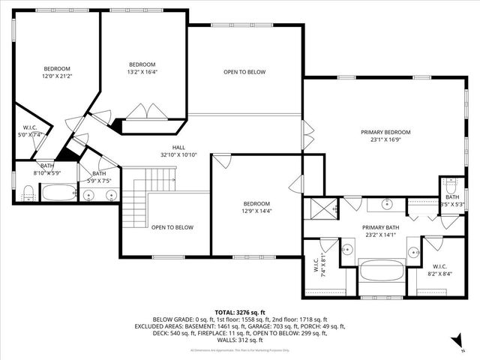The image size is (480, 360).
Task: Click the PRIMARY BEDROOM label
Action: pyautogui.click(x=379, y=132)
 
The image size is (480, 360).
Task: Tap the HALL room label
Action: pyautogui.click(x=178, y=148)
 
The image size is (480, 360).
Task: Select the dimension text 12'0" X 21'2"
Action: pyautogui.click(x=56, y=76)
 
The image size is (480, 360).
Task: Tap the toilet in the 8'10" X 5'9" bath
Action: pyautogui.click(x=28, y=191)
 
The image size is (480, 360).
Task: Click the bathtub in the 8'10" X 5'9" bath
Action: pyautogui.click(x=57, y=192)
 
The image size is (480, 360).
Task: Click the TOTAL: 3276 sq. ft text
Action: pyautogui.click(x=240, y=312)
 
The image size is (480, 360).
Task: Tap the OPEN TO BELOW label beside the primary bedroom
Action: pyautogui.click(x=245, y=72)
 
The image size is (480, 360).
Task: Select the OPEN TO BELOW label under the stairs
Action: pyautogui.click(x=172, y=227)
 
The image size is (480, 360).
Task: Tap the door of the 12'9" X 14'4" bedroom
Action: pyautogui.click(x=222, y=161)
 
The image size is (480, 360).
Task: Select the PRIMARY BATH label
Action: pyautogui.click(x=382, y=230)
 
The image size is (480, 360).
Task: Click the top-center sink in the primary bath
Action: pyautogui.click(x=387, y=204)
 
